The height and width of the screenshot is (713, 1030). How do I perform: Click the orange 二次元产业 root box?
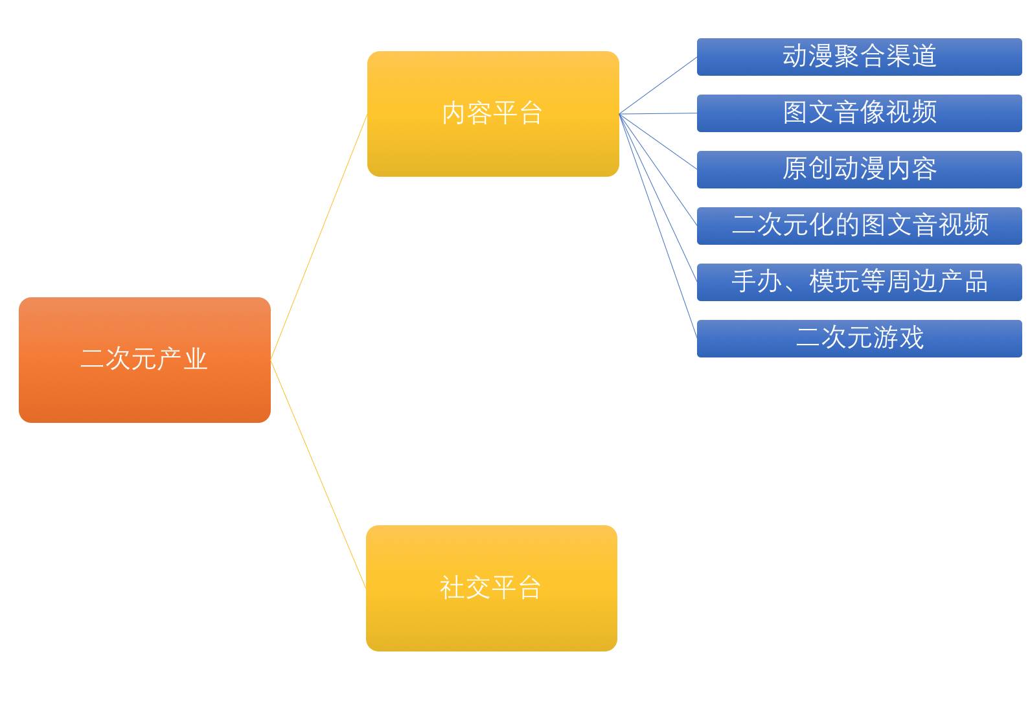144,360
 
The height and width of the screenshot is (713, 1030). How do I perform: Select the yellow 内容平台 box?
493,114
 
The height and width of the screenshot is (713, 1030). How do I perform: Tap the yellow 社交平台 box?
492,588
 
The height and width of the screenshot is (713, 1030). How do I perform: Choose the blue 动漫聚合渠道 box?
860,57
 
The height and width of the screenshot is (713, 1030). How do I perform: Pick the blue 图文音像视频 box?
860,113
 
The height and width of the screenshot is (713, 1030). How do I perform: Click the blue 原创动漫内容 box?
860,170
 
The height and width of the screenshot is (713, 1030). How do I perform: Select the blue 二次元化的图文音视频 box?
860,226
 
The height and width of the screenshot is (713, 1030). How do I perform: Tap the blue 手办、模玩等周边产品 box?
860,282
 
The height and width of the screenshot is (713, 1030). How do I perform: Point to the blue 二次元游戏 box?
860,338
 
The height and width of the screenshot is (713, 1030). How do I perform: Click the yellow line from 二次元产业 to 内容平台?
319,237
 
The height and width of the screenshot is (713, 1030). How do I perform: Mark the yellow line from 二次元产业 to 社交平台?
318,474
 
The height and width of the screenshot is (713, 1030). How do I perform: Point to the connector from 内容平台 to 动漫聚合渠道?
658,85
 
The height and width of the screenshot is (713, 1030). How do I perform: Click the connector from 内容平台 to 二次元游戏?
658,226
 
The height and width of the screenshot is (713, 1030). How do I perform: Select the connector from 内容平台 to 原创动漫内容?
658,142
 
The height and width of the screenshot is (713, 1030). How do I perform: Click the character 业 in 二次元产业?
196,359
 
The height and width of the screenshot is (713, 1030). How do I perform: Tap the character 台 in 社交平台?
530,587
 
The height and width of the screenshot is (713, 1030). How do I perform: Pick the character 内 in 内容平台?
453,113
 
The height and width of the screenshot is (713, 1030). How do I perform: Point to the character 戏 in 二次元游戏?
911,337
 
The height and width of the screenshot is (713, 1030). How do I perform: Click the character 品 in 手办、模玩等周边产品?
976,281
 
